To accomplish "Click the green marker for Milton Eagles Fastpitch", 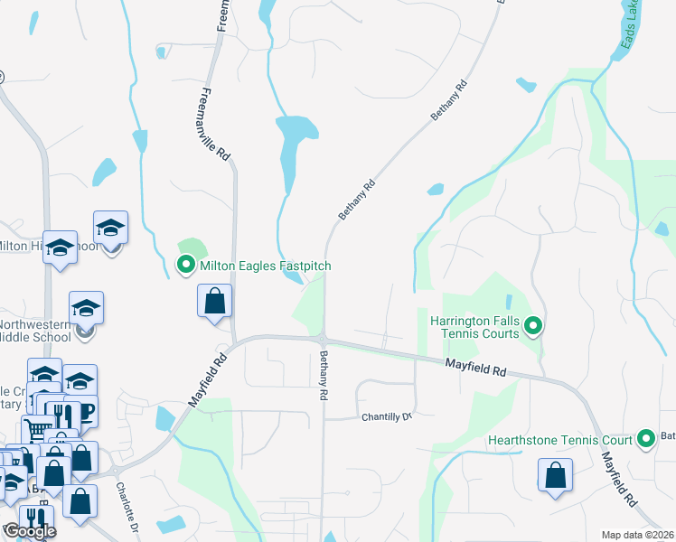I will (x=186, y=266).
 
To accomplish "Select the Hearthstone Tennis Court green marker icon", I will (x=646, y=440).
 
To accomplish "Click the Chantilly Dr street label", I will (x=387, y=416).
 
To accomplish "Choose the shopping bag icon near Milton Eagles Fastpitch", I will (x=215, y=301).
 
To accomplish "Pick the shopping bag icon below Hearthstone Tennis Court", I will (x=555, y=475).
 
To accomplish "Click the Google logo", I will (x=29, y=532).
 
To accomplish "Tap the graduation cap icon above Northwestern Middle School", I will (x=87, y=308).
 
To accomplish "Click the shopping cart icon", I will (x=38, y=431).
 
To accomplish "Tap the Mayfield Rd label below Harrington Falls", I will (x=473, y=367).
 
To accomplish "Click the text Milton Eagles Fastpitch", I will (x=266, y=266).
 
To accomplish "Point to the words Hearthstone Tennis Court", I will (x=559, y=440).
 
